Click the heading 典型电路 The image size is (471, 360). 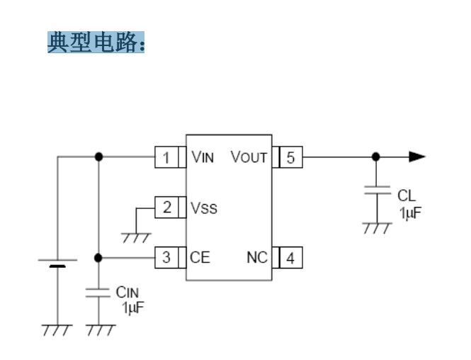(x=96, y=43)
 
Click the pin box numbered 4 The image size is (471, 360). (x=291, y=257)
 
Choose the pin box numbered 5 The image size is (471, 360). (x=291, y=157)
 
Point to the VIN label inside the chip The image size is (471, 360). (x=203, y=157)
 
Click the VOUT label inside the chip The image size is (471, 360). (x=249, y=157)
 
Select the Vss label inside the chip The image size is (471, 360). (x=204, y=208)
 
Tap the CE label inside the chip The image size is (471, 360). (x=200, y=257)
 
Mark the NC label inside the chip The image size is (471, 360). (x=258, y=257)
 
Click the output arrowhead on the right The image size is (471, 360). (x=417, y=157)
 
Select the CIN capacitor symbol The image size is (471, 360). (x=98, y=293)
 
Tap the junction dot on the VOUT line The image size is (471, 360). (x=376, y=157)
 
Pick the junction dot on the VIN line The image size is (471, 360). (x=98, y=157)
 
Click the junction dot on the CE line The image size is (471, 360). (x=98, y=257)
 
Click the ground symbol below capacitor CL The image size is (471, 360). (x=376, y=227)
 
